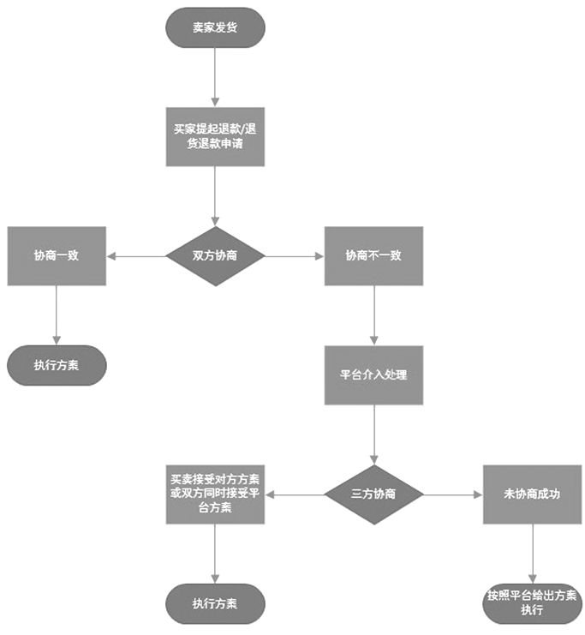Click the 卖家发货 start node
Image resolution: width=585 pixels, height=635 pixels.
pyautogui.click(x=215, y=27)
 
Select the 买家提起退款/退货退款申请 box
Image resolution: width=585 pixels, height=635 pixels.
pyautogui.click(x=215, y=136)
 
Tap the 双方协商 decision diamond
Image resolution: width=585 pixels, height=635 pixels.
pyautogui.click(x=215, y=255)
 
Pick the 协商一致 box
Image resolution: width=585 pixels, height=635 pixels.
pyautogui.click(x=57, y=255)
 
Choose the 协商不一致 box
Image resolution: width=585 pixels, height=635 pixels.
pyautogui.click(x=373, y=255)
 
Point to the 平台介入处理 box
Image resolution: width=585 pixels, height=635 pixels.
pyautogui.click(x=373, y=374)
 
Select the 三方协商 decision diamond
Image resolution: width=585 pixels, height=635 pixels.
pyautogui.click(x=373, y=494)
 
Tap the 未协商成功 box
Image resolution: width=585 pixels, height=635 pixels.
pyautogui.click(x=532, y=494)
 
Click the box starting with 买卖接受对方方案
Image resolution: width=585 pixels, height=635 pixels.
pyautogui.click(x=215, y=494)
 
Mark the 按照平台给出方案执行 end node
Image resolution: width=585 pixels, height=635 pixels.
pyautogui.click(x=532, y=602)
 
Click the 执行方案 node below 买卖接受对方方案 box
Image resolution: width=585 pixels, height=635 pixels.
pyautogui.click(x=215, y=602)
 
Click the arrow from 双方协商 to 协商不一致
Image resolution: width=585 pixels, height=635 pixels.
pyautogui.click(x=295, y=255)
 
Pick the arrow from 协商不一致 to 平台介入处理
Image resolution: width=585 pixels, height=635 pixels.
pyautogui.click(x=373, y=315)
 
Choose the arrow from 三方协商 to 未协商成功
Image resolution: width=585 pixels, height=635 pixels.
pyautogui.click(x=452, y=494)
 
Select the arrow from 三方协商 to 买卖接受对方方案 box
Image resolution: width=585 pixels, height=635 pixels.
pyautogui.click(x=295, y=494)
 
